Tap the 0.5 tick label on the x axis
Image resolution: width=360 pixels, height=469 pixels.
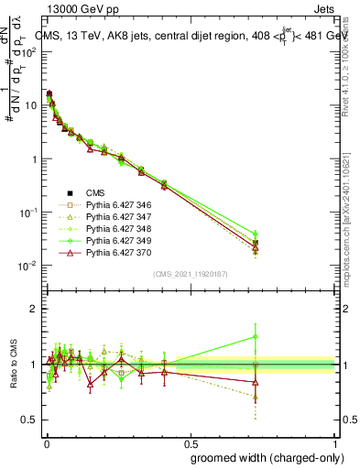point(190,442)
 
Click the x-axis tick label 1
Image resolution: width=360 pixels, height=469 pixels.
point(336,442)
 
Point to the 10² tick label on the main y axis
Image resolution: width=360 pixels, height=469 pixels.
point(27,51)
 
